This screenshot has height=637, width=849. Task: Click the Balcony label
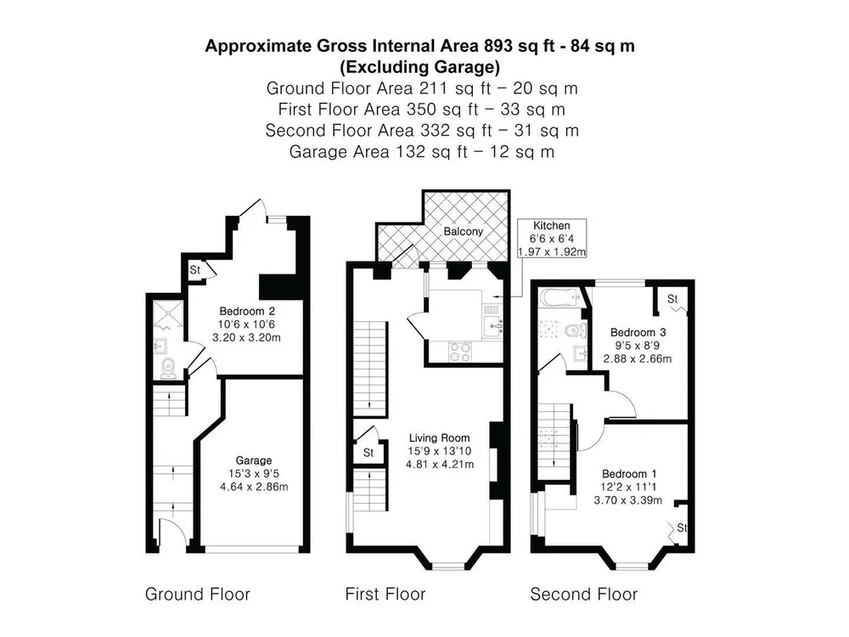click(463, 231)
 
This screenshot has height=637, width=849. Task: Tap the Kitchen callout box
click(552, 239)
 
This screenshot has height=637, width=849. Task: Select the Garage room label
click(253, 460)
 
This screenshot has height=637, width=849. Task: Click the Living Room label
click(439, 437)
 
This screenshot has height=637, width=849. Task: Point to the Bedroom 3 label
click(638, 332)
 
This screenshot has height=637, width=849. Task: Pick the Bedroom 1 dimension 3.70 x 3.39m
click(627, 500)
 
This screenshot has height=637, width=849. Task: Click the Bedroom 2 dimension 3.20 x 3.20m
click(246, 337)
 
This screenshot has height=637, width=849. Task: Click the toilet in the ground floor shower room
click(168, 368)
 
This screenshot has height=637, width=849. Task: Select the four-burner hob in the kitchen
click(460, 351)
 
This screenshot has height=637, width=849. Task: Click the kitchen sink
click(492, 326)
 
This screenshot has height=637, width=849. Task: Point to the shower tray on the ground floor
click(168, 315)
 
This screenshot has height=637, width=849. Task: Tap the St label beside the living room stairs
click(368, 453)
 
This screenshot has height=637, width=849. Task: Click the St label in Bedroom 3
click(672, 298)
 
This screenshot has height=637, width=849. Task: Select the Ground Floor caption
click(198, 595)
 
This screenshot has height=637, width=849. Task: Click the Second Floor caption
click(584, 595)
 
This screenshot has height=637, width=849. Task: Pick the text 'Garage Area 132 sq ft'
click(378, 152)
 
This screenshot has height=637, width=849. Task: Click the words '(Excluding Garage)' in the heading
click(419, 66)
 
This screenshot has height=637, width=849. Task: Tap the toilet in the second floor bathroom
click(575, 330)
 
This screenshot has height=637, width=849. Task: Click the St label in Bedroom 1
click(682, 527)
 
